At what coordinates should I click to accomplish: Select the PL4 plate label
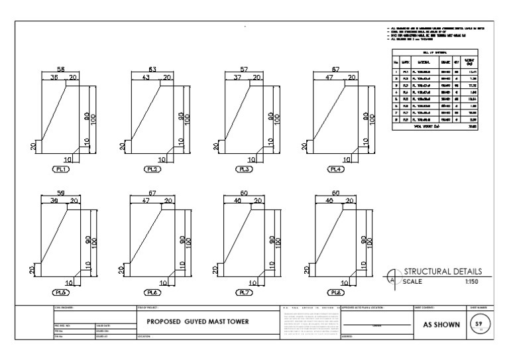tap(337, 169)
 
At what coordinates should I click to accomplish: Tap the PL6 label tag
tap(152, 292)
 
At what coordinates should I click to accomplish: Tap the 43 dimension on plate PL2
tap(146, 77)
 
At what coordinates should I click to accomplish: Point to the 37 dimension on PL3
tap(238, 77)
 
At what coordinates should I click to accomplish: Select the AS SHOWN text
tap(437, 325)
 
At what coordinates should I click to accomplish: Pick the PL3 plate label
tap(245, 169)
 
